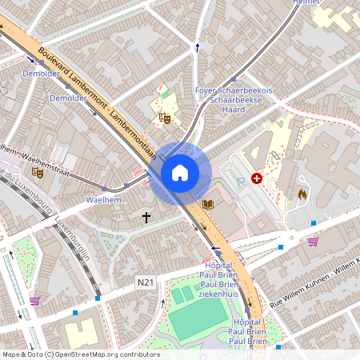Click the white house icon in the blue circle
[x=180, y=172]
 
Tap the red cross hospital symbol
[x=257, y=178]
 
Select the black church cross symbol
[x=146, y=217]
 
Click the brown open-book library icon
[x=209, y=205]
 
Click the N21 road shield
[x=145, y=282]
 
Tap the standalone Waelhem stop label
[x=102, y=200]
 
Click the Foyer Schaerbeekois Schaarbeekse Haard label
[x=234, y=99]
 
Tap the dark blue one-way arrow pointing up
[x=198, y=47]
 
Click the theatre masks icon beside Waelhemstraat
[x=37, y=171]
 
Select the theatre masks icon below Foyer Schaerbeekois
[x=166, y=118]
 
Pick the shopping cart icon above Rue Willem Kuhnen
[x=313, y=241]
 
